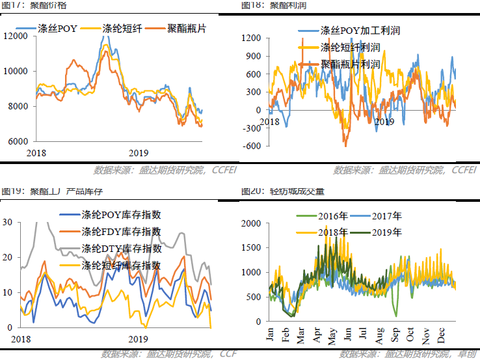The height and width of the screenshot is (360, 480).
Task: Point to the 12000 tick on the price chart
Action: [x=16, y=36]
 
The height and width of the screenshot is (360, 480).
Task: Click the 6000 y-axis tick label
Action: [x=18, y=141]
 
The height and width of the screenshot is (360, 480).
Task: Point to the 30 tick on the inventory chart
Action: [x=8, y=222]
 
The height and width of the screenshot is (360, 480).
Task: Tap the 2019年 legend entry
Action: [x=386, y=232]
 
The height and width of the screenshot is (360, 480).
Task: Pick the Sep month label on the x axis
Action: [x=396, y=333]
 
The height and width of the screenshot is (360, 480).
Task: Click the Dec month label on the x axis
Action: [x=442, y=333]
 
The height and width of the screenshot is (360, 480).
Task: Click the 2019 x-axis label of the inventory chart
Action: [x=137, y=339]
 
